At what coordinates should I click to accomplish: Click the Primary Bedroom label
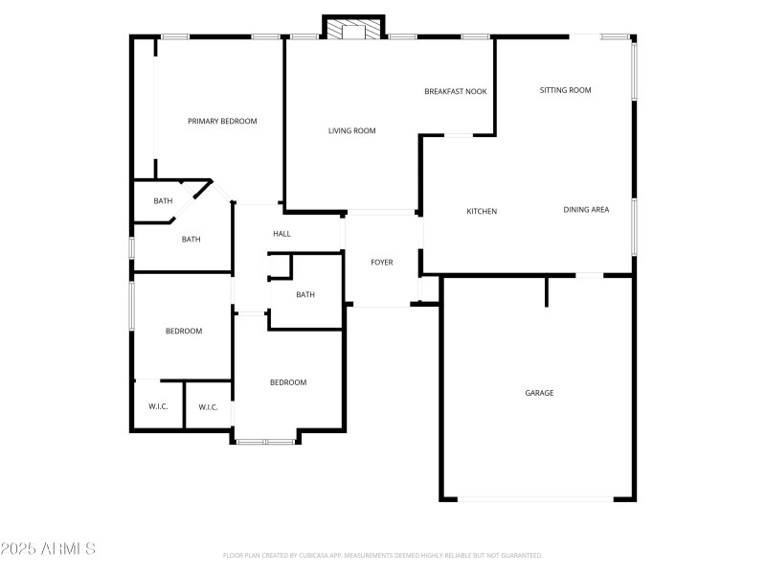(222, 121)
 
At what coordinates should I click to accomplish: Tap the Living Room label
(351, 130)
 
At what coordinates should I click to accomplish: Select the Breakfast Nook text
(456, 91)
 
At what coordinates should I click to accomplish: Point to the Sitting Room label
(565, 90)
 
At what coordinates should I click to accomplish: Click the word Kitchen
(482, 211)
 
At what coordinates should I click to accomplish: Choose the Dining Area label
(586, 209)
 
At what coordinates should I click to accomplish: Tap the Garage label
(539, 393)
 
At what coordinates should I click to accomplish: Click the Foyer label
(382, 262)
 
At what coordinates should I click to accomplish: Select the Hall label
(282, 234)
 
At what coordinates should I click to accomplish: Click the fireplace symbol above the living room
(353, 31)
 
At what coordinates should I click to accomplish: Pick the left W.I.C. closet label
(158, 407)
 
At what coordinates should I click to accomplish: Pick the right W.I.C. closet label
(208, 407)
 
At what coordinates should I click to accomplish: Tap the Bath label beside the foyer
(305, 294)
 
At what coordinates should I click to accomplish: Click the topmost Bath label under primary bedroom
(164, 201)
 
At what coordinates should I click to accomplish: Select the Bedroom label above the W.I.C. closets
(184, 331)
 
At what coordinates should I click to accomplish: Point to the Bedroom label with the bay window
(287, 382)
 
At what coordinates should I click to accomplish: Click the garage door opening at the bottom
(536, 498)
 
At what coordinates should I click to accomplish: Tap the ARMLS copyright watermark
(48, 549)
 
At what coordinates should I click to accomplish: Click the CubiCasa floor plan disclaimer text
(382, 555)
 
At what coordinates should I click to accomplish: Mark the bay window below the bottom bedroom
(265, 441)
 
